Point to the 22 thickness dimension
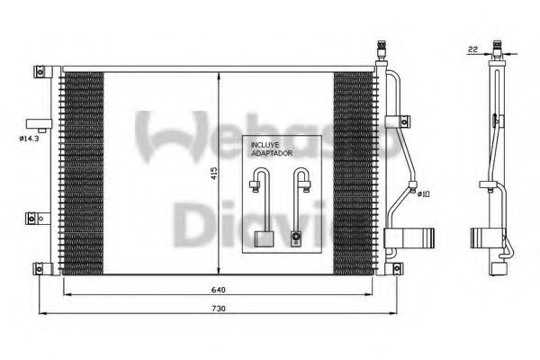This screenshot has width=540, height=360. pyautogui.click(x=472, y=49)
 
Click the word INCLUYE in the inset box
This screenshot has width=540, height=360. pyautogui.click(x=267, y=144)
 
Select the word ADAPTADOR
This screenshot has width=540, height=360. pyautogui.click(x=272, y=152)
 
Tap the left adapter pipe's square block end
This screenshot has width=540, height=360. pyautogui.click(x=265, y=239)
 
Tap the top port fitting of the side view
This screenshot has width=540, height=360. pyautogui.click(x=497, y=49)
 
